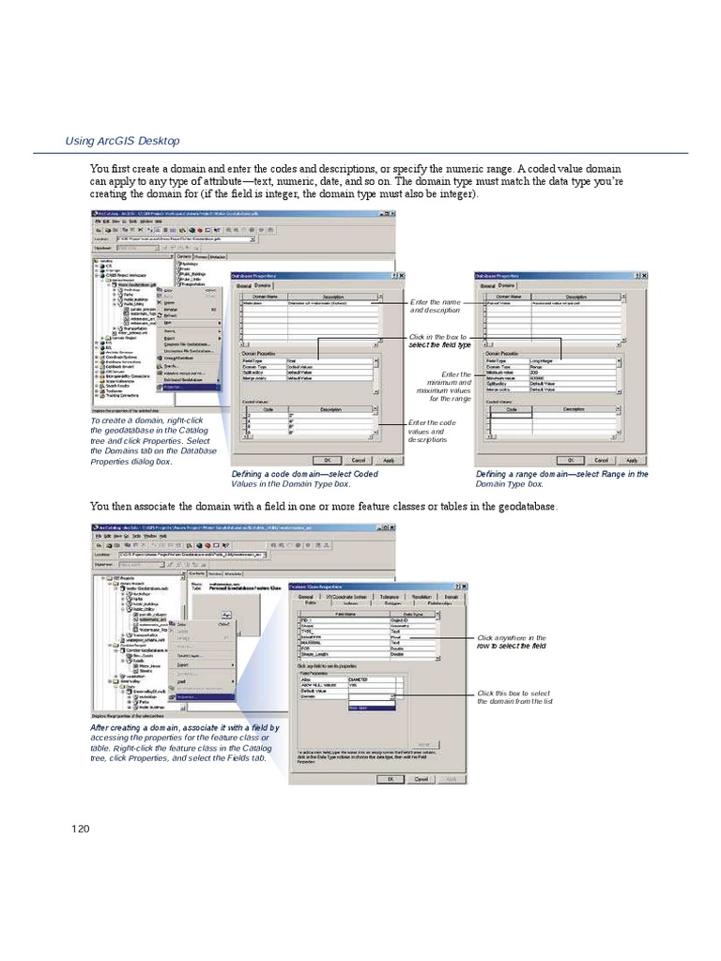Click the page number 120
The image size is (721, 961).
point(80,828)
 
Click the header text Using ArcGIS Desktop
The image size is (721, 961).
point(121,141)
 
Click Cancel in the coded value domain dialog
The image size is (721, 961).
point(358,460)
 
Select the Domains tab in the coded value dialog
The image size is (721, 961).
point(263,285)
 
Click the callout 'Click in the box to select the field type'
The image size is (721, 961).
point(440,341)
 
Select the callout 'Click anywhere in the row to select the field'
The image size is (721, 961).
point(511,641)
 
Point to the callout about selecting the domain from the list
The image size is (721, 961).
point(514,697)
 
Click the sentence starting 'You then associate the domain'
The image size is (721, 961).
point(323,507)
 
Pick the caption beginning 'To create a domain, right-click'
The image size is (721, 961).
point(151,441)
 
